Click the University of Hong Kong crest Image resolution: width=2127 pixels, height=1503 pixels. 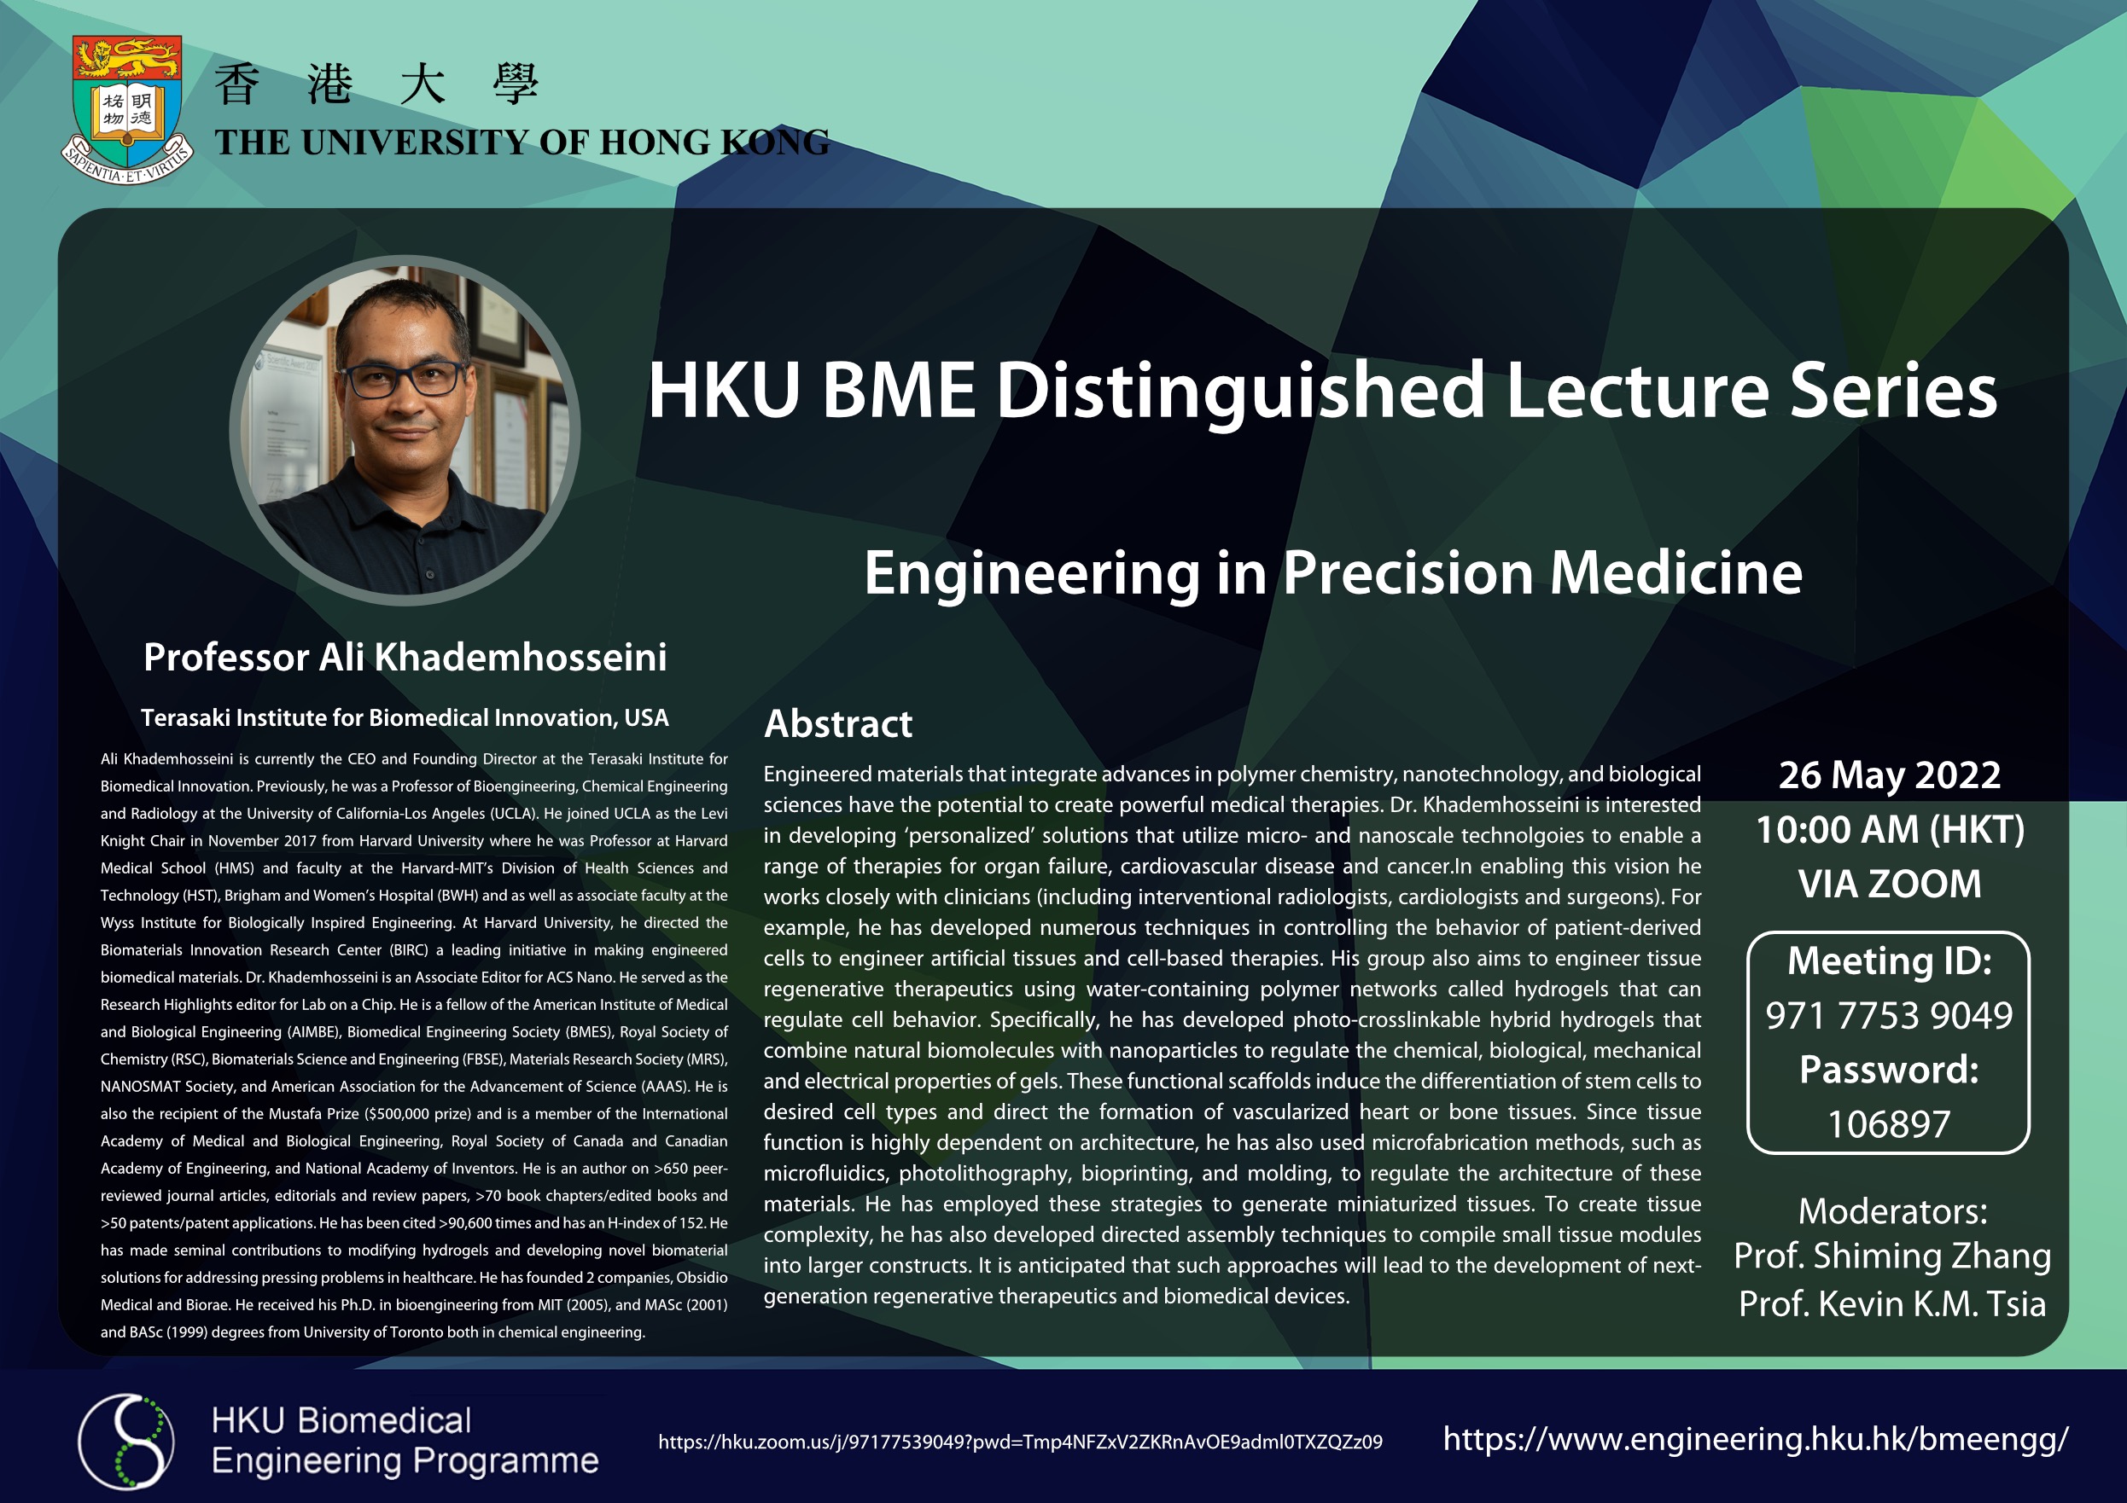(x=127, y=109)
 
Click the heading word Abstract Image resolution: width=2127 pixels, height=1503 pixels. (x=837, y=723)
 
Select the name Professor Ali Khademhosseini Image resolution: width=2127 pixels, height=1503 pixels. (x=405, y=657)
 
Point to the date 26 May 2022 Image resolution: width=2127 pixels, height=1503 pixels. (x=1890, y=775)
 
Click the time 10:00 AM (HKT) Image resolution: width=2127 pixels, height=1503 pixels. (x=1890, y=830)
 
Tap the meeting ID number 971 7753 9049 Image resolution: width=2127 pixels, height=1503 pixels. (x=1889, y=1015)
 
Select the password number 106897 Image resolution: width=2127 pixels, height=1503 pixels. (x=1889, y=1124)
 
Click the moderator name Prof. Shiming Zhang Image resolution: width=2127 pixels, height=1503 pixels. (x=1892, y=1256)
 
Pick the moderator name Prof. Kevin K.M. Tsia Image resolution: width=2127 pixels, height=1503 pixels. (x=1892, y=1304)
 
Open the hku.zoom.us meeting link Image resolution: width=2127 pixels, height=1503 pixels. (x=1020, y=1442)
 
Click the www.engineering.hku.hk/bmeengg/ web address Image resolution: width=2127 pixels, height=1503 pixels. (x=1756, y=1439)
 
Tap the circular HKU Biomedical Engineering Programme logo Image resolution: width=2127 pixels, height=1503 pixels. (x=126, y=1441)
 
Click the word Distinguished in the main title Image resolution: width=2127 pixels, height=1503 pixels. (x=1240, y=390)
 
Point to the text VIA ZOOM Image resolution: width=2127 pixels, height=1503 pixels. (x=1890, y=884)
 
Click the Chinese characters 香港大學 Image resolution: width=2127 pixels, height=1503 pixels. (x=376, y=84)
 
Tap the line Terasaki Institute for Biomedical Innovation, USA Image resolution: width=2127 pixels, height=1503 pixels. (x=405, y=717)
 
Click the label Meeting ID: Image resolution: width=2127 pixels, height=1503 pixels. (x=1889, y=960)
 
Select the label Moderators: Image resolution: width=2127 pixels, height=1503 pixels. (x=1892, y=1211)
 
